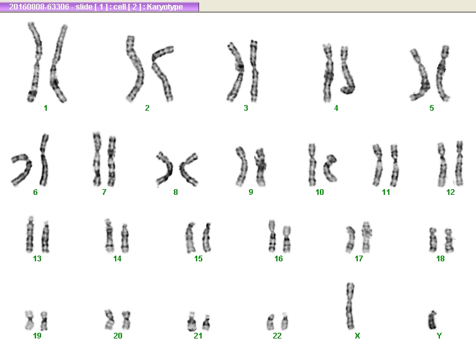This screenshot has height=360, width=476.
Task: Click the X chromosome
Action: pyautogui.click(x=350, y=306)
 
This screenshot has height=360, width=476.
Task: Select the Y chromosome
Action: pyautogui.click(x=432, y=320)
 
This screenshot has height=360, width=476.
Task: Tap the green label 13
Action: pyautogui.click(x=37, y=259)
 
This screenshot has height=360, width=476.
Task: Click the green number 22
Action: pyautogui.click(x=277, y=336)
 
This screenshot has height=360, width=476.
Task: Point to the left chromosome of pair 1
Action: pyautogui.click(x=35, y=62)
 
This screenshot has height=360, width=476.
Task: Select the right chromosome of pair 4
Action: pyautogui.click(x=346, y=70)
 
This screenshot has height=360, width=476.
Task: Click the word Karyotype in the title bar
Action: pyautogui.click(x=165, y=7)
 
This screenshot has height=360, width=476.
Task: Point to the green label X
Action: pyautogui.click(x=357, y=336)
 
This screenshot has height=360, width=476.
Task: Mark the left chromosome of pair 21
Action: pyautogui.click(x=192, y=321)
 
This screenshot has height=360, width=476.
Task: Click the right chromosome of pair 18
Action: pyautogui.click(x=449, y=240)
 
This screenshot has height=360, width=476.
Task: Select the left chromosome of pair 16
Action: pyautogui.click(x=272, y=237)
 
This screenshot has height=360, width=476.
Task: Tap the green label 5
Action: pyautogui.click(x=432, y=108)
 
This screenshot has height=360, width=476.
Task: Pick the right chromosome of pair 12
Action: pyautogui.click(x=460, y=163)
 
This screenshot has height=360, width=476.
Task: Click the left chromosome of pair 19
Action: pyautogui.click(x=29, y=321)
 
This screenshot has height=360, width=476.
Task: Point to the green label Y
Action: pyautogui.click(x=439, y=336)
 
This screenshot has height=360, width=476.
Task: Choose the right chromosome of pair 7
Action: pyautogui.click(x=112, y=161)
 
